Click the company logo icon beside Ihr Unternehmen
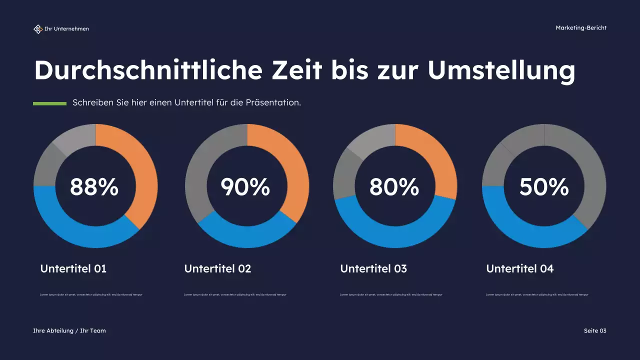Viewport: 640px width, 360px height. pos(38,29)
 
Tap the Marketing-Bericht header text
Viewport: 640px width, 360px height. pos(581,28)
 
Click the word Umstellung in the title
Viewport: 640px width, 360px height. pos(501,70)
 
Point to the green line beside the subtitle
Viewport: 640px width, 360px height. pos(49,103)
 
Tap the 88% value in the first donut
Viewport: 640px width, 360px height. pos(94,187)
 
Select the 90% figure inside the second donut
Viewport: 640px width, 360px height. pos(245,187)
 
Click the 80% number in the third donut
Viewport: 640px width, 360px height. pos(394,187)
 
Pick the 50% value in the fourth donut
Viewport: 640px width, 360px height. pos(544,187)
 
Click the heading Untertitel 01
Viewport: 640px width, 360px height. pos(73,269)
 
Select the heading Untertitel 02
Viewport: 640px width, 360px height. pos(217,269)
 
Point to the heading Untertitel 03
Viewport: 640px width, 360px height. pos(373,269)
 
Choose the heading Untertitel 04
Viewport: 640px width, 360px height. pos(520,269)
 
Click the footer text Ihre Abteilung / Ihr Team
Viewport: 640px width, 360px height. pos(69,331)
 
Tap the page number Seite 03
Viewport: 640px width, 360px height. pos(595,331)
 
